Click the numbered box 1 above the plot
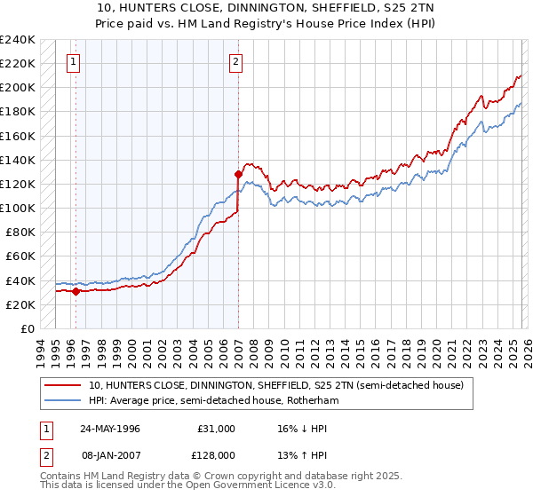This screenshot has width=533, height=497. [x=72, y=61]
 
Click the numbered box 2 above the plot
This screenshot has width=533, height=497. [x=235, y=61]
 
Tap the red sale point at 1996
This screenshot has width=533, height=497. [x=76, y=290]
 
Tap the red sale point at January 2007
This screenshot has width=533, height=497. [x=238, y=174]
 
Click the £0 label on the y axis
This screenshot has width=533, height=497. [x=27, y=328]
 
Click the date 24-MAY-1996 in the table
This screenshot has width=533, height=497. [x=109, y=428]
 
